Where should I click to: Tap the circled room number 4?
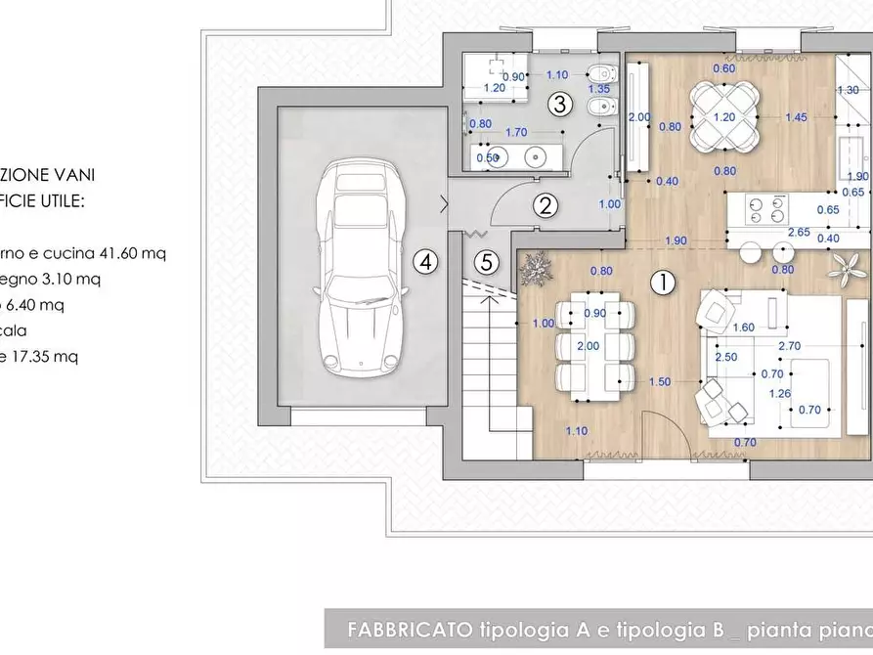[422, 261]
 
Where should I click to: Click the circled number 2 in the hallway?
[546, 206]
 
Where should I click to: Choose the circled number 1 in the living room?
[663, 283]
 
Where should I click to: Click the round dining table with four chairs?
[723, 117]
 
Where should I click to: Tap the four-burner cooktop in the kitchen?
[766, 208]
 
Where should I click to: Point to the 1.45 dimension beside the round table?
[796, 117]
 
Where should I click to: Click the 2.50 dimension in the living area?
[726, 357]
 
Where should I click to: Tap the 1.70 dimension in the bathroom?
[517, 132]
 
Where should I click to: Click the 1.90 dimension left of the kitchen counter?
[675, 240]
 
